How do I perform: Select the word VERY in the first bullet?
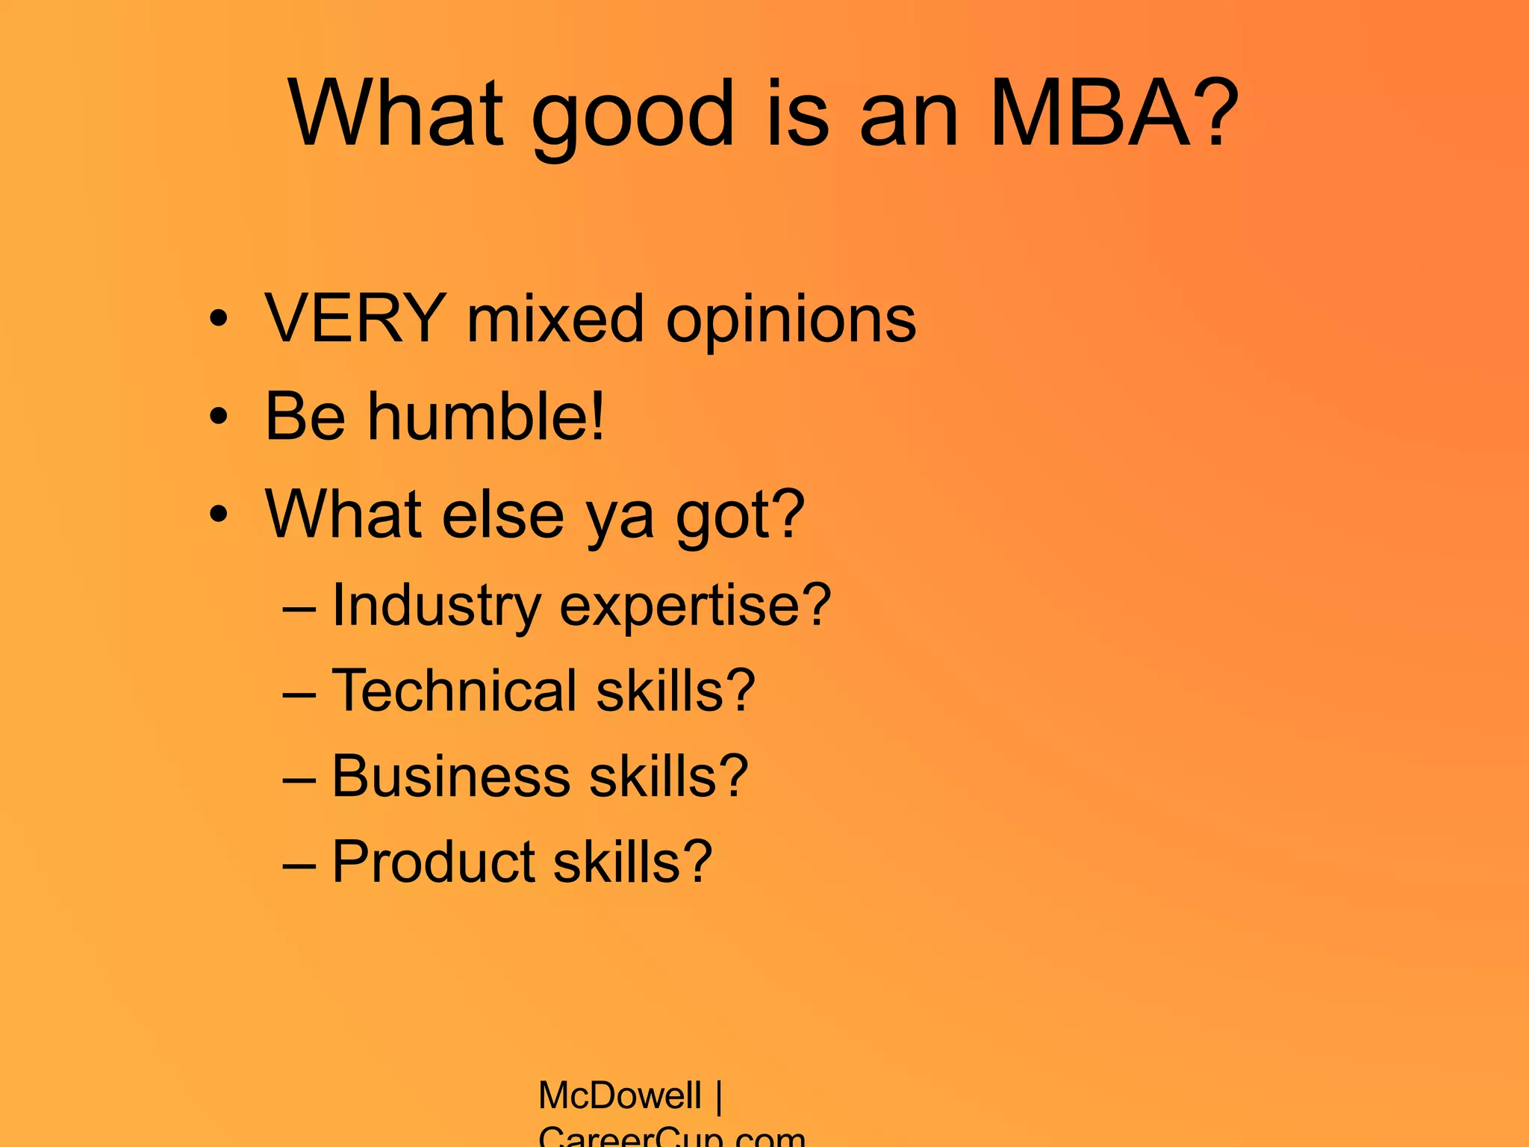355,320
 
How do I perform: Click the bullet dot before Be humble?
217,417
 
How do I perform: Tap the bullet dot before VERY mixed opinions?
217,320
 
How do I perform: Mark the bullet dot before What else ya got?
217,515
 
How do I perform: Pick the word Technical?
455,691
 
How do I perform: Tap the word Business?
451,777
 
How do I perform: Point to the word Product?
434,862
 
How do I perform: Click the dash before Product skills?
299,865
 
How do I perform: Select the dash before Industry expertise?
299,609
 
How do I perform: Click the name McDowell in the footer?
619,1096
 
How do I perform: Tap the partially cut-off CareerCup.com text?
671,1137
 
